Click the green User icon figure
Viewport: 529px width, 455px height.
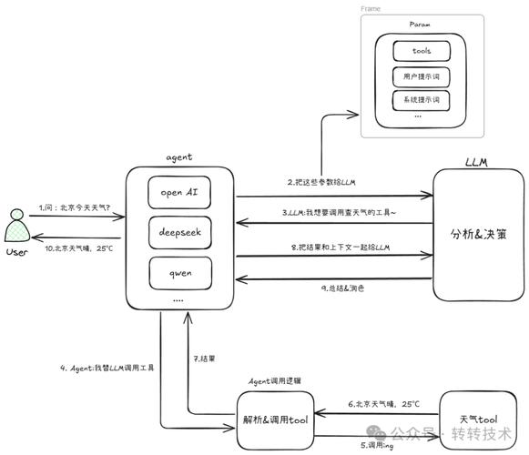[x=16, y=228]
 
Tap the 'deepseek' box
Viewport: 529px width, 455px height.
[x=179, y=231]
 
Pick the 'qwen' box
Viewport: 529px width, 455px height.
[x=179, y=270]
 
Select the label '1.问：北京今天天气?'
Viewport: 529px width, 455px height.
[x=75, y=207]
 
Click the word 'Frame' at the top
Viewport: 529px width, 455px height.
[x=371, y=8]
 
